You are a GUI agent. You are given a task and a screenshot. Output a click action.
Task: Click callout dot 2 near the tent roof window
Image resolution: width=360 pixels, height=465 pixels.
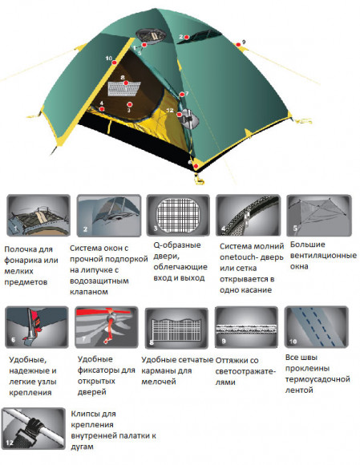pos(182,37)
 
